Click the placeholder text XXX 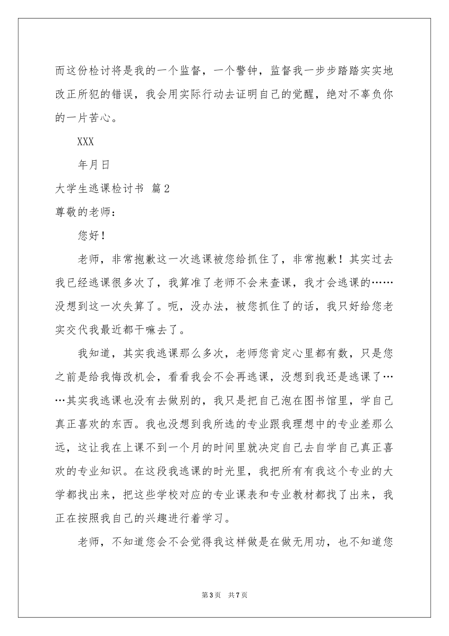pyautogui.click(x=85, y=141)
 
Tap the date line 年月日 pyautogui.click(x=93, y=165)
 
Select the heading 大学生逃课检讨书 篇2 pyautogui.click(x=112, y=188)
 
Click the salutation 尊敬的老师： pyautogui.click(x=86, y=212)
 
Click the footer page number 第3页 pyautogui.click(x=211, y=595)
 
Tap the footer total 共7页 pyautogui.click(x=238, y=595)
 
